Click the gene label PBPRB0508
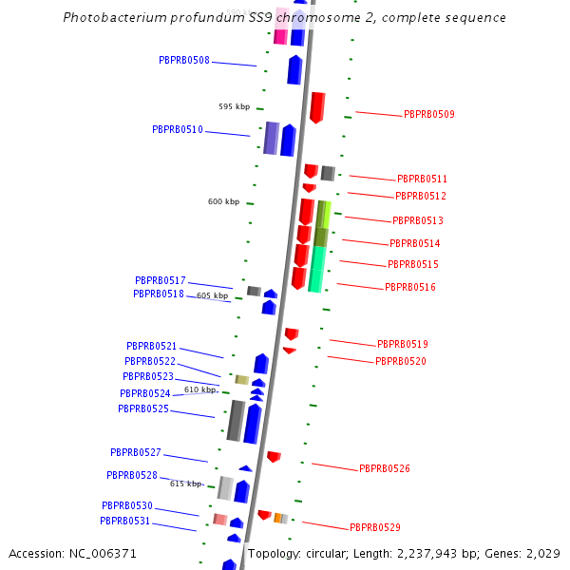(x=184, y=60)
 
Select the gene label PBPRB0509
(x=428, y=114)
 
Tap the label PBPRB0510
(x=178, y=129)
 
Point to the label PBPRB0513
(x=417, y=220)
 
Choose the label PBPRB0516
(x=409, y=287)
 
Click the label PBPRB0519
(x=402, y=344)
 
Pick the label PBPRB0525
(x=143, y=408)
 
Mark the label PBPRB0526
(x=384, y=468)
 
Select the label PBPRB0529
(x=374, y=527)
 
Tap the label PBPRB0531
(x=125, y=521)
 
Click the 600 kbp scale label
(x=223, y=201)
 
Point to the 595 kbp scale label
(x=234, y=106)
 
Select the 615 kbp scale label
(x=185, y=484)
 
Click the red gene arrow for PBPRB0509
(x=317, y=106)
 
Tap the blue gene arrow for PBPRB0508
(x=294, y=69)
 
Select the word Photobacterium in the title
(x=113, y=18)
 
